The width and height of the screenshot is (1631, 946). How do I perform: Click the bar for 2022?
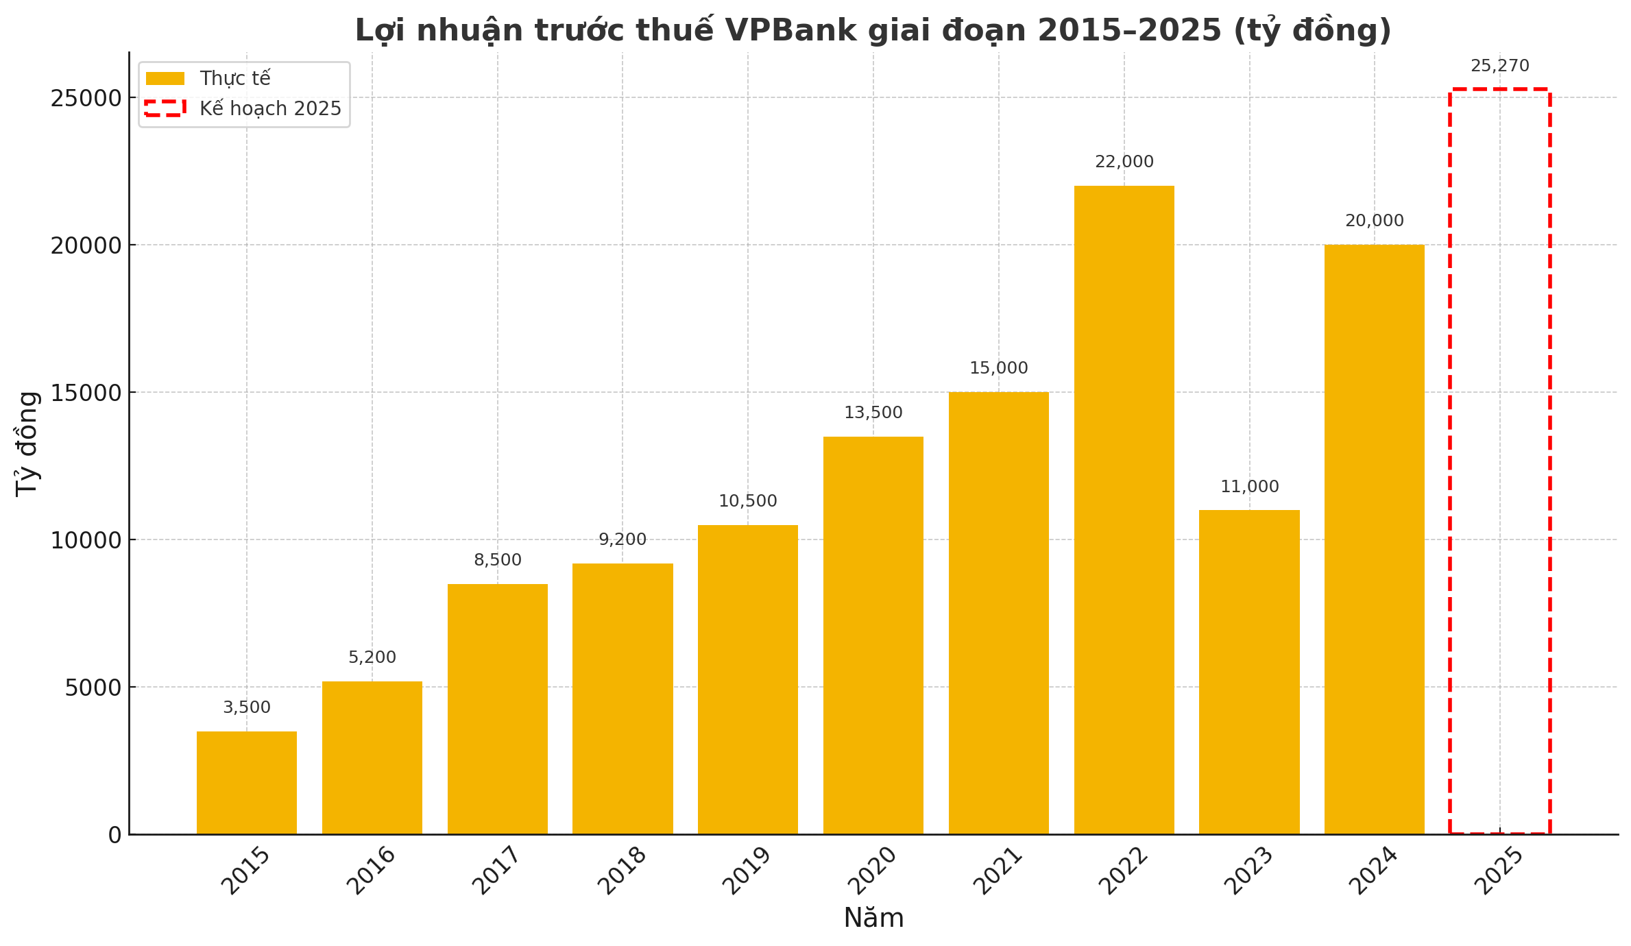tap(1124, 510)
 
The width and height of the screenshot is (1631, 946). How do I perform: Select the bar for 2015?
tap(247, 783)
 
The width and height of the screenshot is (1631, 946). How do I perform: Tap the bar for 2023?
tap(1249, 672)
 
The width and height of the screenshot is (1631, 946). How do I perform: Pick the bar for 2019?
tap(748, 679)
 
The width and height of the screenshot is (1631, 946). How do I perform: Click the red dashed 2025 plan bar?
tap(1499, 461)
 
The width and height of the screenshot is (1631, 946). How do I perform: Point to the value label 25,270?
tap(1499, 66)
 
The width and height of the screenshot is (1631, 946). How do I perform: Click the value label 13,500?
tap(873, 413)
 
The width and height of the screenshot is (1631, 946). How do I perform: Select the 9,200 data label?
tap(623, 540)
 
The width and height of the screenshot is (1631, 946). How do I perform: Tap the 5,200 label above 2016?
tap(372, 658)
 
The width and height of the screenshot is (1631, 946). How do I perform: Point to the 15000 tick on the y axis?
tap(86, 393)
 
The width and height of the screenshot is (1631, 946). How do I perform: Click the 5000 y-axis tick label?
tap(93, 688)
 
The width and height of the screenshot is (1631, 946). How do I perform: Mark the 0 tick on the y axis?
tap(114, 835)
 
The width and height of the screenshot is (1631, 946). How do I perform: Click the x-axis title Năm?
tap(873, 919)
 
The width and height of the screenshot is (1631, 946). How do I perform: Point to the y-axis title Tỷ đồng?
tap(27, 444)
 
